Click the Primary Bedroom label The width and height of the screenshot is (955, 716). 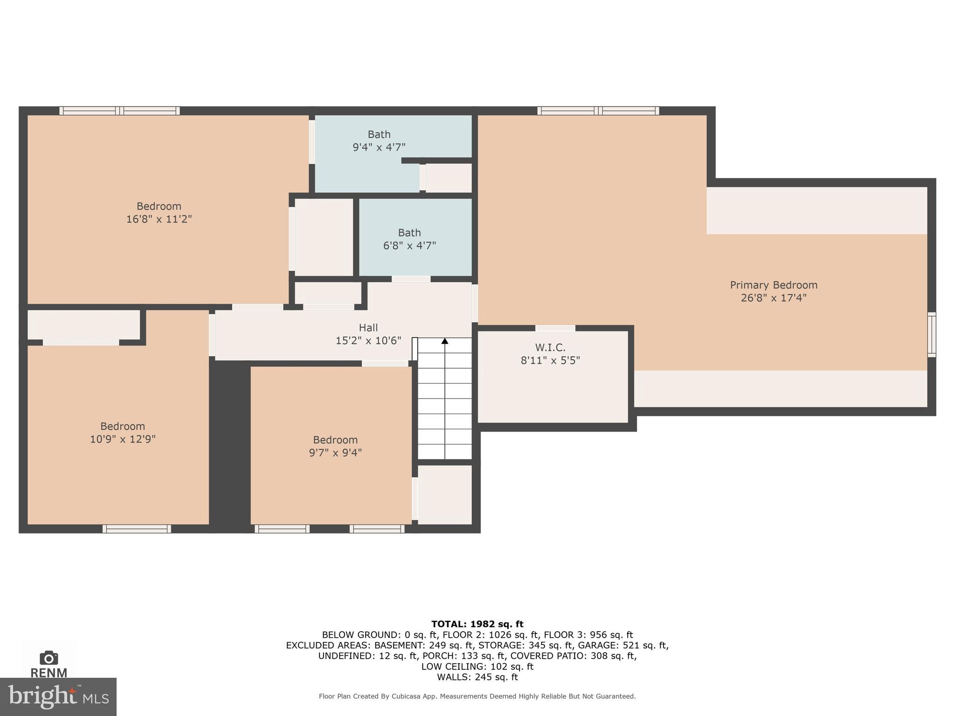tap(773, 285)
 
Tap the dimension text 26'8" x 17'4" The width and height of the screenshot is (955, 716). tap(773, 298)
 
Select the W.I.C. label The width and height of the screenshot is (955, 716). tap(550, 347)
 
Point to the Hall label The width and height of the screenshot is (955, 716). tap(368, 328)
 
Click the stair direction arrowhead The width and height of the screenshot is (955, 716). tap(445, 341)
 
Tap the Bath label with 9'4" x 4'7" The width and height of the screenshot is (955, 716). tap(379, 134)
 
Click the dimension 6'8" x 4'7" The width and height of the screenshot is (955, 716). tap(409, 246)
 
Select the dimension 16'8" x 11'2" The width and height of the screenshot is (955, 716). tap(159, 219)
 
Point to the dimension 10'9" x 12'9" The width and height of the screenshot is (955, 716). tap(123, 439)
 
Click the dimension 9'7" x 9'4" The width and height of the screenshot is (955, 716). tap(335, 453)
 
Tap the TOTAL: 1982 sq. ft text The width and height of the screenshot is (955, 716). tap(477, 624)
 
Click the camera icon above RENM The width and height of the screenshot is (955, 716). tap(48, 658)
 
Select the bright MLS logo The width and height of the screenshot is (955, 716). tap(58, 697)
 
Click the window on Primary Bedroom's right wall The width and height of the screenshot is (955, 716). tap(931, 335)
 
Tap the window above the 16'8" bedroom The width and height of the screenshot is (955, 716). tap(119, 111)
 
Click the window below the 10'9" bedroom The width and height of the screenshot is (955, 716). tap(137, 529)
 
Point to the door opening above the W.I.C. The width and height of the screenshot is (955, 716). tap(555, 328)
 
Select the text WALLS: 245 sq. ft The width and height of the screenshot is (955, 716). tap(477, 677)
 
